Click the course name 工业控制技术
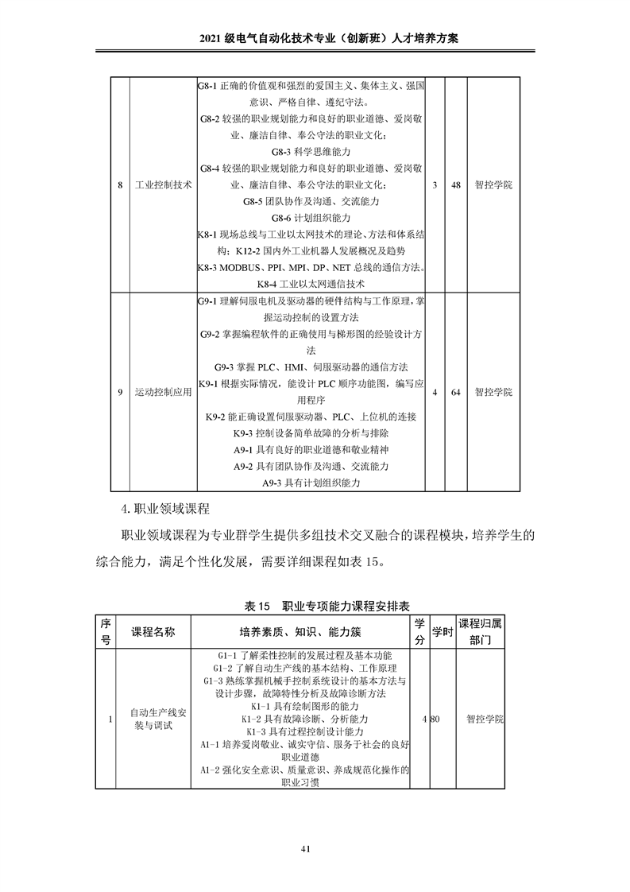(x=164, y=184)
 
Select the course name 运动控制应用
(x=164, y=392)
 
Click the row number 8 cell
(x=120, y=184)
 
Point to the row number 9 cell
(x=120, y=392)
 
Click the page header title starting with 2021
(x=315, y=38)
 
